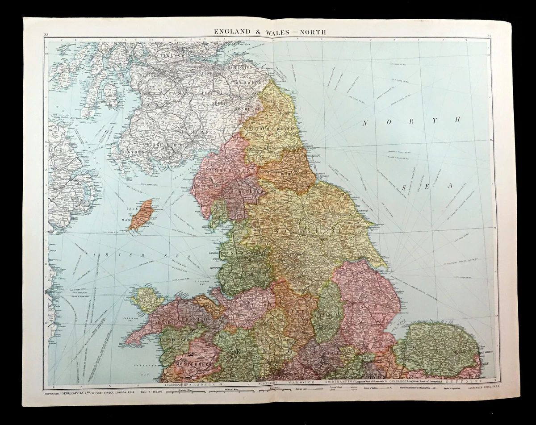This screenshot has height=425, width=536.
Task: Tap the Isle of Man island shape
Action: coord(141,215)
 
